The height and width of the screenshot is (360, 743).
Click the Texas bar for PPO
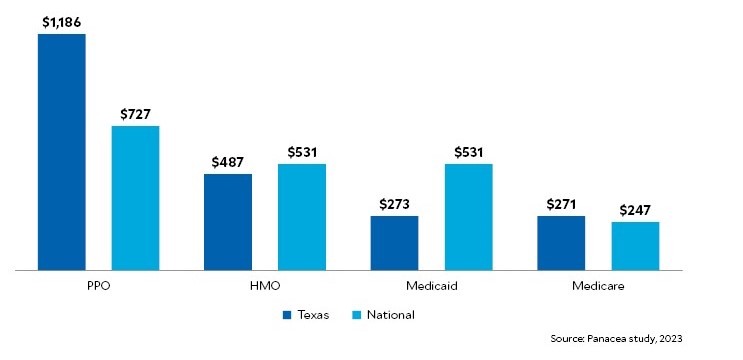tap(62, 152)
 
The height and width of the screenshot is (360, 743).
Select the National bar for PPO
tap(135, 198)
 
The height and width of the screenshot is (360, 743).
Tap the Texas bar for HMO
tap(228, 222)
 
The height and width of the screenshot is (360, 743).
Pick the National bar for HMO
tap(302, 217)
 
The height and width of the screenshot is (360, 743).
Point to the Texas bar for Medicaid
tap(394, 243)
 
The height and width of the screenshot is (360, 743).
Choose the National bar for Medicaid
tap(468, 217)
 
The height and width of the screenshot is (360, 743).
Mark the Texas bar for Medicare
tap(561, 243)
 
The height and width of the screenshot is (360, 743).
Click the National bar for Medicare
tap(635, 246)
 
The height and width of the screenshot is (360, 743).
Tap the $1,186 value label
tap(62, 20)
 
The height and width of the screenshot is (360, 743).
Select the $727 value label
tap(135, 113)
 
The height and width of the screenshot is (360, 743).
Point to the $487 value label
tap(228, 162)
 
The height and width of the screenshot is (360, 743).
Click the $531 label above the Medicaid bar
tap(468, 152)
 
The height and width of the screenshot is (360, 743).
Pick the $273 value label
tap(394, 203)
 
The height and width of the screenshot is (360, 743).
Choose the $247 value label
tap(635, 210)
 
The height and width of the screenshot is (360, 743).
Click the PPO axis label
tap(98, 287)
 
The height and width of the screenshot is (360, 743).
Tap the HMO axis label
tap(265, 287)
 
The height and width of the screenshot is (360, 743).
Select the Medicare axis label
tap(598, 287)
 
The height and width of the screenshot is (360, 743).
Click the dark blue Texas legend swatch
tap(288, 315)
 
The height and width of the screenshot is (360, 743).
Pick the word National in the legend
tap(390, 315)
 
